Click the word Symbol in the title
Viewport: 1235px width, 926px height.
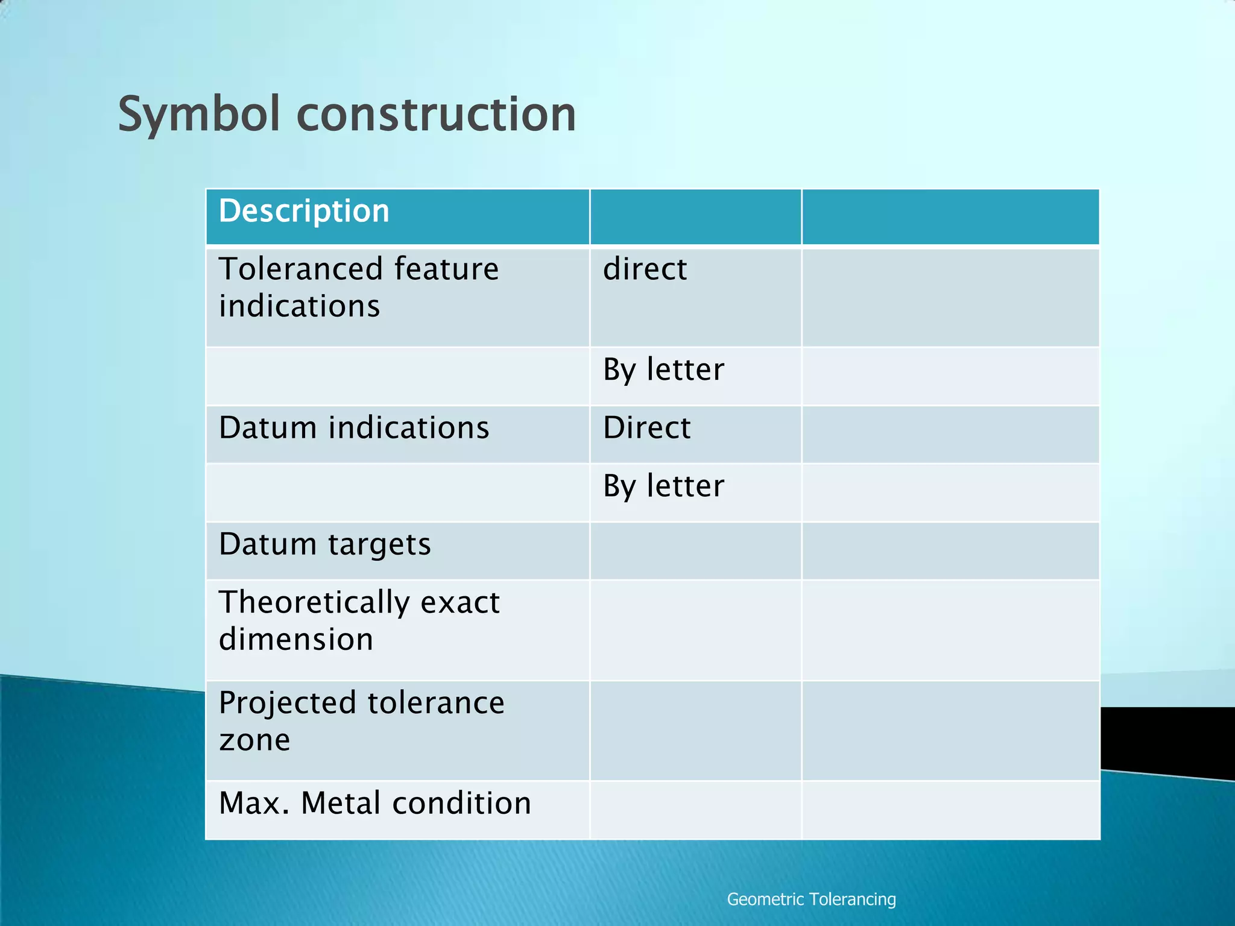coord(198,115)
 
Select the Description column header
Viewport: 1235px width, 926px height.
coord(304,211)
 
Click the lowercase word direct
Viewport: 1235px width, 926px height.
coord(645,269)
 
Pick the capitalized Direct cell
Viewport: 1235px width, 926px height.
coord(646,428)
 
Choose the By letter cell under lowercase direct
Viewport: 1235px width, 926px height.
coord(663,370)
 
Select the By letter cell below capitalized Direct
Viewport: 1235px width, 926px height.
coord(663,486)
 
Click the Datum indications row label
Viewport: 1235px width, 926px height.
coord(354,428)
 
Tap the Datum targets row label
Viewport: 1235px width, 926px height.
coord(324,544)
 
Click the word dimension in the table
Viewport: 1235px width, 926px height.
coord(295,639)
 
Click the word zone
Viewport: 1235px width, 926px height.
coord(254,740)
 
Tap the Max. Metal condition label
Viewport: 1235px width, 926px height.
coord(374,804)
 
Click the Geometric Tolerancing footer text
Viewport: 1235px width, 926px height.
coord(811,899)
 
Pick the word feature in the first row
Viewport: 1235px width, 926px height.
coord(446,269)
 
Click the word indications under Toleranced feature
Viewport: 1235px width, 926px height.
coord(299,306)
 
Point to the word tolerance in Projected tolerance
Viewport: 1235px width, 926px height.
coord(435,703)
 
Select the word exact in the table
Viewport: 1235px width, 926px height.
coord(460,602)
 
